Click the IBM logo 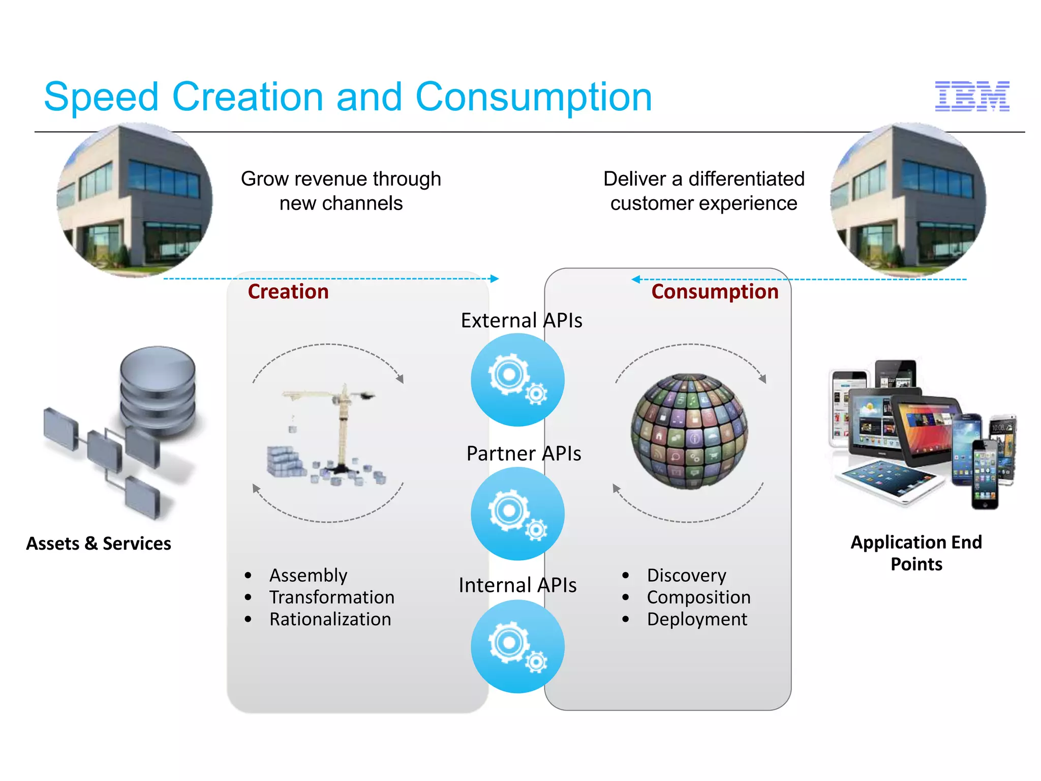pos(972,96)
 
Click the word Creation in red pos(288,292)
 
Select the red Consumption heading pos(715,292)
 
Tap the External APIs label pos(522,320)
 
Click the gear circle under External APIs pos(517,380)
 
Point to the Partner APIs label pos(524,453)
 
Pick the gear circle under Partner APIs pos(517,514)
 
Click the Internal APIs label pos(517,585)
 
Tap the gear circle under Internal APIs pos(517,646)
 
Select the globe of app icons pos(689,432)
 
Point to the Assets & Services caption pos(99,544)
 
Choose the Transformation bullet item pos(332,597)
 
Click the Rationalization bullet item pos(330,619)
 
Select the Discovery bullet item pos(686,576)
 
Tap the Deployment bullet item pos(697,619)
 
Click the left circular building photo pos(135,200)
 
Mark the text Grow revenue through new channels pos(341,191)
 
